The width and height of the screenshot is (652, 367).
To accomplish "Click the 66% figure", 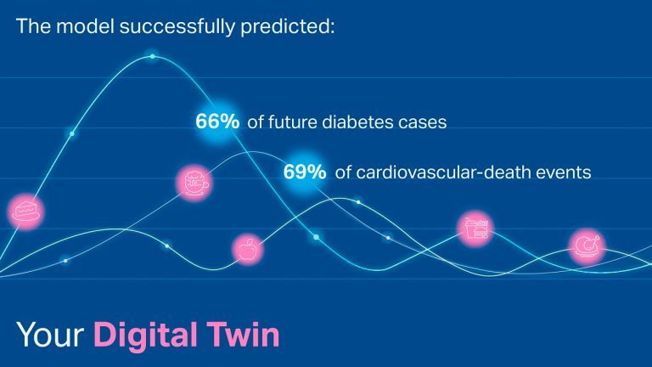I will (x=218, y=121).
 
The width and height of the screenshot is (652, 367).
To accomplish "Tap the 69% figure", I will (x=305, y=172).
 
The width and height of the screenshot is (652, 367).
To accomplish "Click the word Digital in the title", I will (x=142, y=335).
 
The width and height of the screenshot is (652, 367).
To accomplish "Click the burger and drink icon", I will (x=475, y=228).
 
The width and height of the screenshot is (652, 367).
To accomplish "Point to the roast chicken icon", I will (x=586, y=246).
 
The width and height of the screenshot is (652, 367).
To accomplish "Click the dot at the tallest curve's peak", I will (x=153, y=57).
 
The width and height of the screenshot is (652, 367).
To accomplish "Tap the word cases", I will (x=424, y=122).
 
